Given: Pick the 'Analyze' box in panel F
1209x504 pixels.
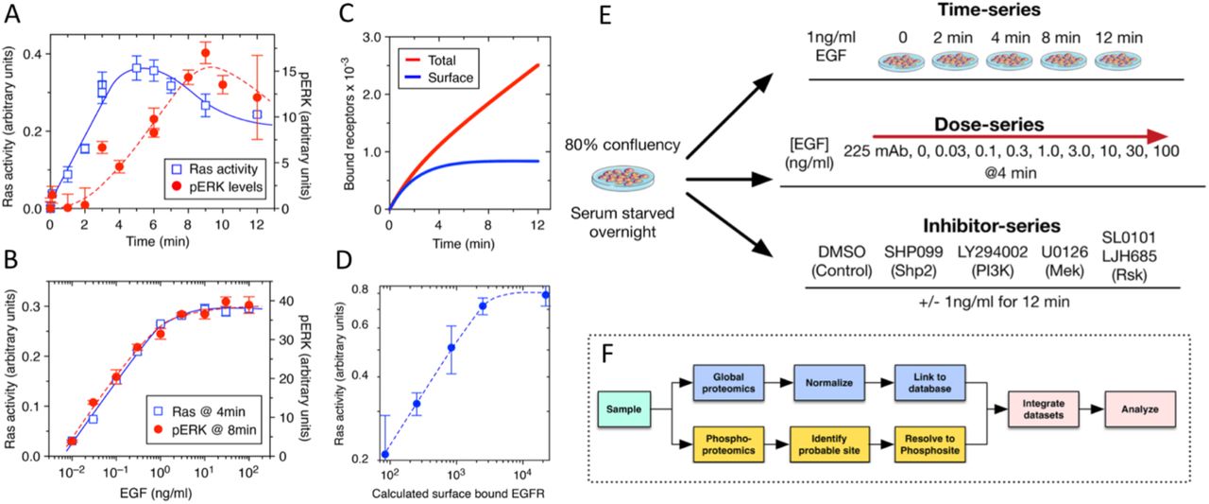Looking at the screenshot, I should (1130, 410).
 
